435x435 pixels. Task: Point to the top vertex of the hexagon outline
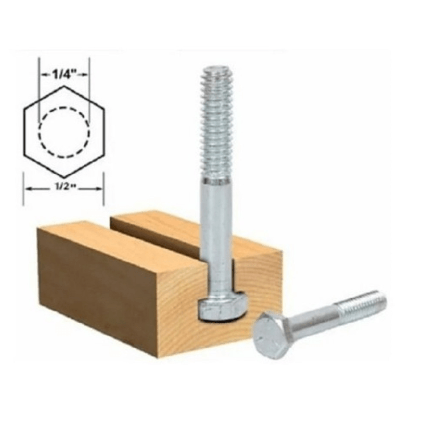pyautogui.click(x=64, y=86)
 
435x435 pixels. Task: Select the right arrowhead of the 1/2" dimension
pyautogui.click(x=99, y=188)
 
